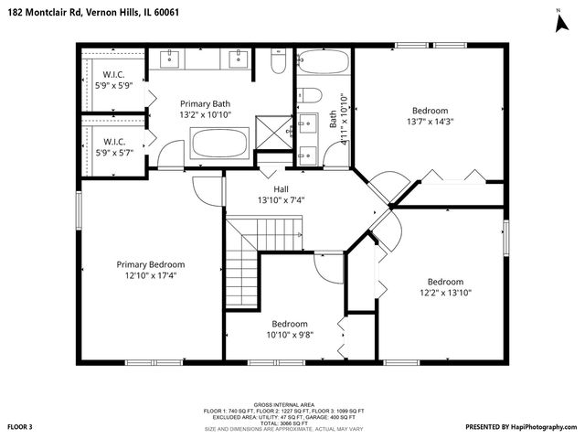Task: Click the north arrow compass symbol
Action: pyautogui.click(x=562, y=25)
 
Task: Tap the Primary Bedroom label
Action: pyautogui.click(x=150, y=264)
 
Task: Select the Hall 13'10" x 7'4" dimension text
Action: pyautogui.click(x=281, y=200)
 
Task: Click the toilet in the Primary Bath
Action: pyautogui.click(x=278, y=61)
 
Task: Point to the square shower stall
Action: pyautogui.click(x=274, y=133)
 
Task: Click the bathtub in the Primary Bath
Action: pyautogui.click(x=219, y=144)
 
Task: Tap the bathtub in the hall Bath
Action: pyautogui.click(x=324, y=61)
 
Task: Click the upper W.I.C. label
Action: pyautogui.click(x=113, y=75)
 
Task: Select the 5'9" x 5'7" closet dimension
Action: pyautogui.click(x=114, y=153)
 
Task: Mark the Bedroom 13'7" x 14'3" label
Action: pyautogui.click(x=430, y=116)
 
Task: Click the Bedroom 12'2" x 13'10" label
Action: pyautogui.click(x=445, y=287)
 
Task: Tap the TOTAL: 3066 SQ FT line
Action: pyautogui.click(x=284, y=423)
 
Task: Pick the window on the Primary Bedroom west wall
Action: pyautogui.click(x=79, y=210)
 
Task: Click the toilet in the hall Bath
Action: pyautogui.click(x=310, y=95)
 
